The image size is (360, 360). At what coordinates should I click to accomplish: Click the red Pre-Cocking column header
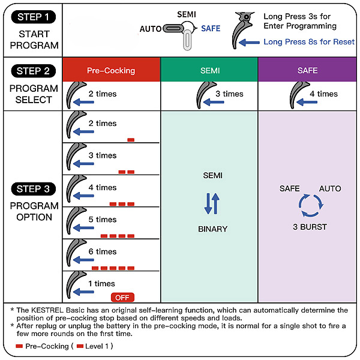[111, 70]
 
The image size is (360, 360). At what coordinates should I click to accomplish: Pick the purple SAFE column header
[307, 70]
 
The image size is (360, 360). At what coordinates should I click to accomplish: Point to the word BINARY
[213, 229]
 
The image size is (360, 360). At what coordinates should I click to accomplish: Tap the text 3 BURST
[310, 227]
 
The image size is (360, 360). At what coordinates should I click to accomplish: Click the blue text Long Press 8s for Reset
[309, 42]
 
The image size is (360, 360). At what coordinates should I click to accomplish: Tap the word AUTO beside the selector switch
[150, 29]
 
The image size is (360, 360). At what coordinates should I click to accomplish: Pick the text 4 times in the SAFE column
[327, 94]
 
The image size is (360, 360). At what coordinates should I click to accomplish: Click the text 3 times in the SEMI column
[229, 94]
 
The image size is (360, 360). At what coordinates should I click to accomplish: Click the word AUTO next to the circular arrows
[329, 188]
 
